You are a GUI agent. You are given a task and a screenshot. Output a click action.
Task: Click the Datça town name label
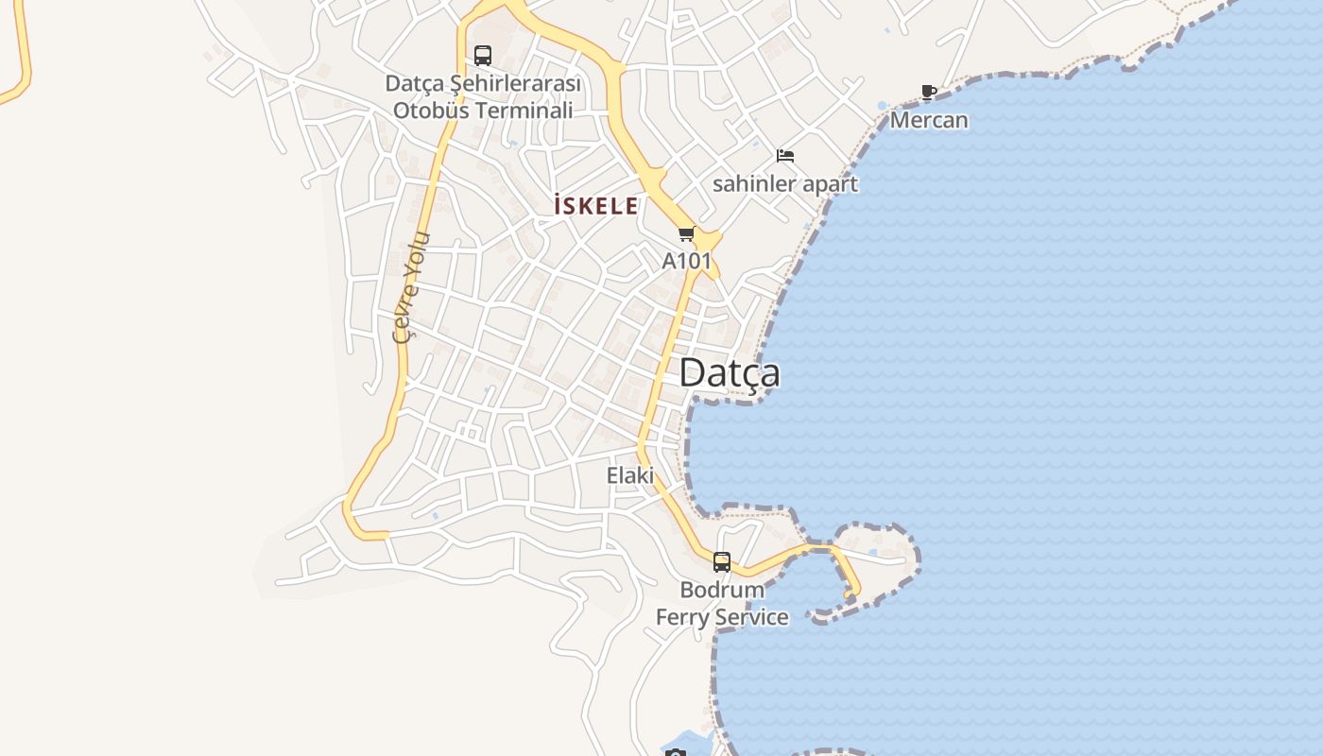click(730, 373)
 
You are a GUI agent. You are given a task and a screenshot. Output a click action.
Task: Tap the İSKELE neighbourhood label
click(595, 206)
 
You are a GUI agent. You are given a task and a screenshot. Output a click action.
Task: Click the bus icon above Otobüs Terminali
click(483, 55)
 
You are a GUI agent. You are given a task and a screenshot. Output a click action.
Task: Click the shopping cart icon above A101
click(687, 233)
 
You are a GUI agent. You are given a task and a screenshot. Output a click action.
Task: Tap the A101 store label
click(686, 260)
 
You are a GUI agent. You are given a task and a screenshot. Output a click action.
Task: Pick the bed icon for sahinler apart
click(785, 155)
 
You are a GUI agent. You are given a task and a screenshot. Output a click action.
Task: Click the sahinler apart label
click(784, 183)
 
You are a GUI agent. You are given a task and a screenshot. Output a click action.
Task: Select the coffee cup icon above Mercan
click(929, 92)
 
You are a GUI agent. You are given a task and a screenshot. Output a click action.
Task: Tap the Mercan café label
click(929, 120)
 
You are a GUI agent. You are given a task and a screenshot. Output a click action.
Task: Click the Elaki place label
click(630, 475)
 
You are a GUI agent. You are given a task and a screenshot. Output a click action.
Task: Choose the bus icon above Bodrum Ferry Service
click(722, 562)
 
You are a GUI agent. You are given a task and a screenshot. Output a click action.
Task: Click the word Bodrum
click(722, 590)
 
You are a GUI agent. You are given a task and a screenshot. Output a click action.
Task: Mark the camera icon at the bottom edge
click(675, 753)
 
